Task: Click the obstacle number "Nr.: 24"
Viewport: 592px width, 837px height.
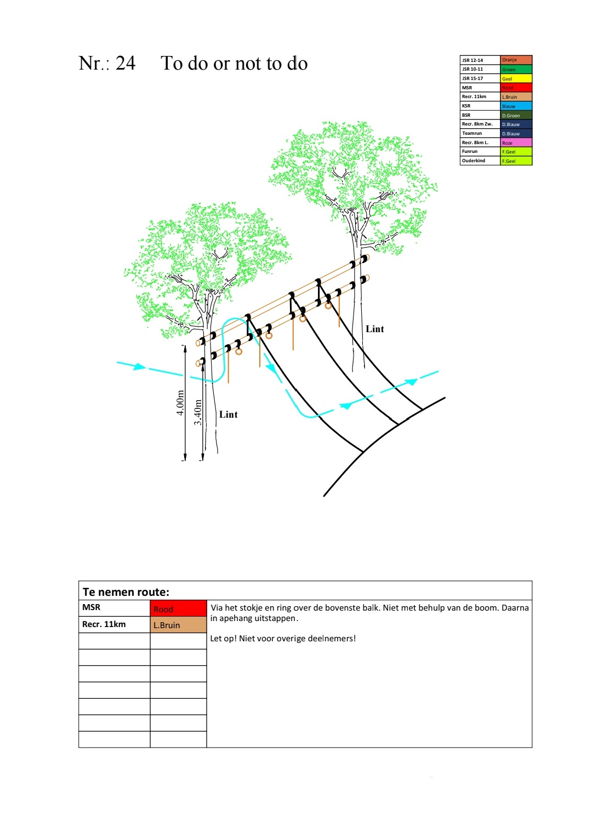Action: click(x=107, y=63)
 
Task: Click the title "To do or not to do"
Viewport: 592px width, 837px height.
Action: click(x=234, y=64)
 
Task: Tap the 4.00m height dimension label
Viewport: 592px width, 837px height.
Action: click(x=180, y=403)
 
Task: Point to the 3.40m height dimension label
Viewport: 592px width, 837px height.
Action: click(x=198, y=412)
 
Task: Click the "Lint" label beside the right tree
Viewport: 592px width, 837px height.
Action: click(x=375, y=329)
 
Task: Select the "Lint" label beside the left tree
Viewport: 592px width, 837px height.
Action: click(x=229, y=414)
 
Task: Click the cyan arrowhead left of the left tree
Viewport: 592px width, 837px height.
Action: click(x=140, y=366)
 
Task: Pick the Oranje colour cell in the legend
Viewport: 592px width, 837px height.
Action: click(x=516, y=60)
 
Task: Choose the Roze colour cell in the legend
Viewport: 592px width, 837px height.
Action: click(x=516, y=143)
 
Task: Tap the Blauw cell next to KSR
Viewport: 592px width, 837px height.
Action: click(x=516, y=106)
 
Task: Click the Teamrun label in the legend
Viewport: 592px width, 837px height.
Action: click(x=472, y=133)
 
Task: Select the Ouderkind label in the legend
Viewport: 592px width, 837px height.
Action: click(x=474, y=161)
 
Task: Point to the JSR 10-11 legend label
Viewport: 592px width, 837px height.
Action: click(x=473, y=69)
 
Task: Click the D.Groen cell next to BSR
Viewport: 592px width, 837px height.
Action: click(x=516, y=115)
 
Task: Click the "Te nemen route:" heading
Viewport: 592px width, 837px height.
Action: click(x=126, y=592)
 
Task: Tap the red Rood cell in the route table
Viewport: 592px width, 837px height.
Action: click(x=178, y=608)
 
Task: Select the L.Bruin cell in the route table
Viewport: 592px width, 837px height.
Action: click(x=178, y=625)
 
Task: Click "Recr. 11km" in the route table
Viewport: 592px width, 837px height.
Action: click(x=104, y=624)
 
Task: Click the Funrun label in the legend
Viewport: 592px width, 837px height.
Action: click(x=470, y=151)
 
